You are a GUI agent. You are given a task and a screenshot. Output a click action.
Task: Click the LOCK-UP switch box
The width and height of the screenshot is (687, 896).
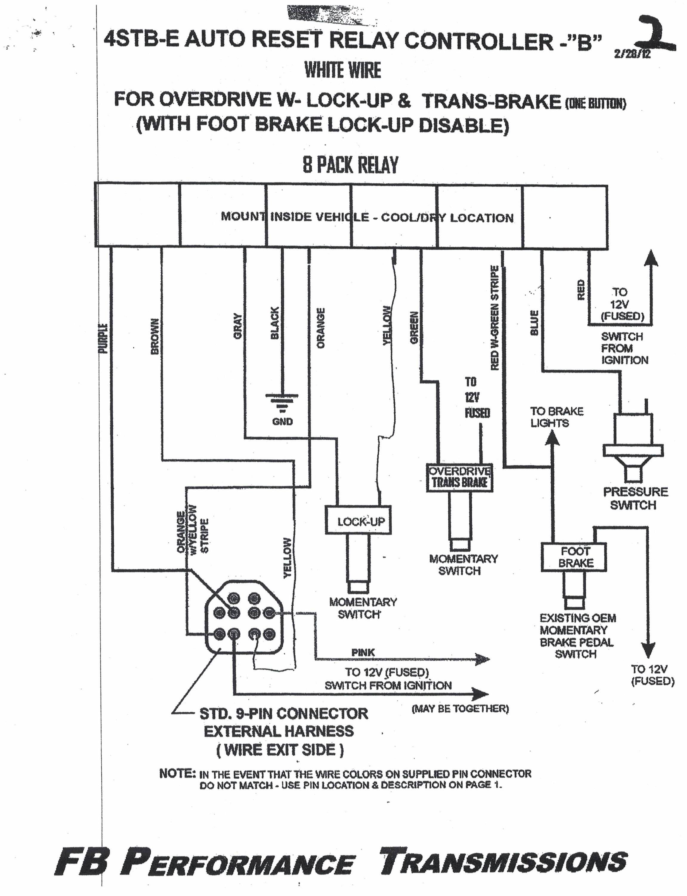click(358, 520)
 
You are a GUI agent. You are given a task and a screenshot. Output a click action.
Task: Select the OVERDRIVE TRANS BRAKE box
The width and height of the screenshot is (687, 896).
click(459, 478)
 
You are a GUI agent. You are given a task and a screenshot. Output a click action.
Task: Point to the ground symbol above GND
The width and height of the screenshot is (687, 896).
click(282, 401)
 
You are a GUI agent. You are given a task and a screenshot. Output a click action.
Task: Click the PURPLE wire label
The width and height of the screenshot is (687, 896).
click(103, 338)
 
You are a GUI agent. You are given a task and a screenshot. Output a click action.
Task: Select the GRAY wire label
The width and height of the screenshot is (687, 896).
click(237, 326)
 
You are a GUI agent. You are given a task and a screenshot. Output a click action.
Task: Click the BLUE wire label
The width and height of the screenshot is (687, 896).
click(534, 323)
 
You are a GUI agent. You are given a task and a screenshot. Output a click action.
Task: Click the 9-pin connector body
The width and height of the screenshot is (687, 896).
click(244, 617)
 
